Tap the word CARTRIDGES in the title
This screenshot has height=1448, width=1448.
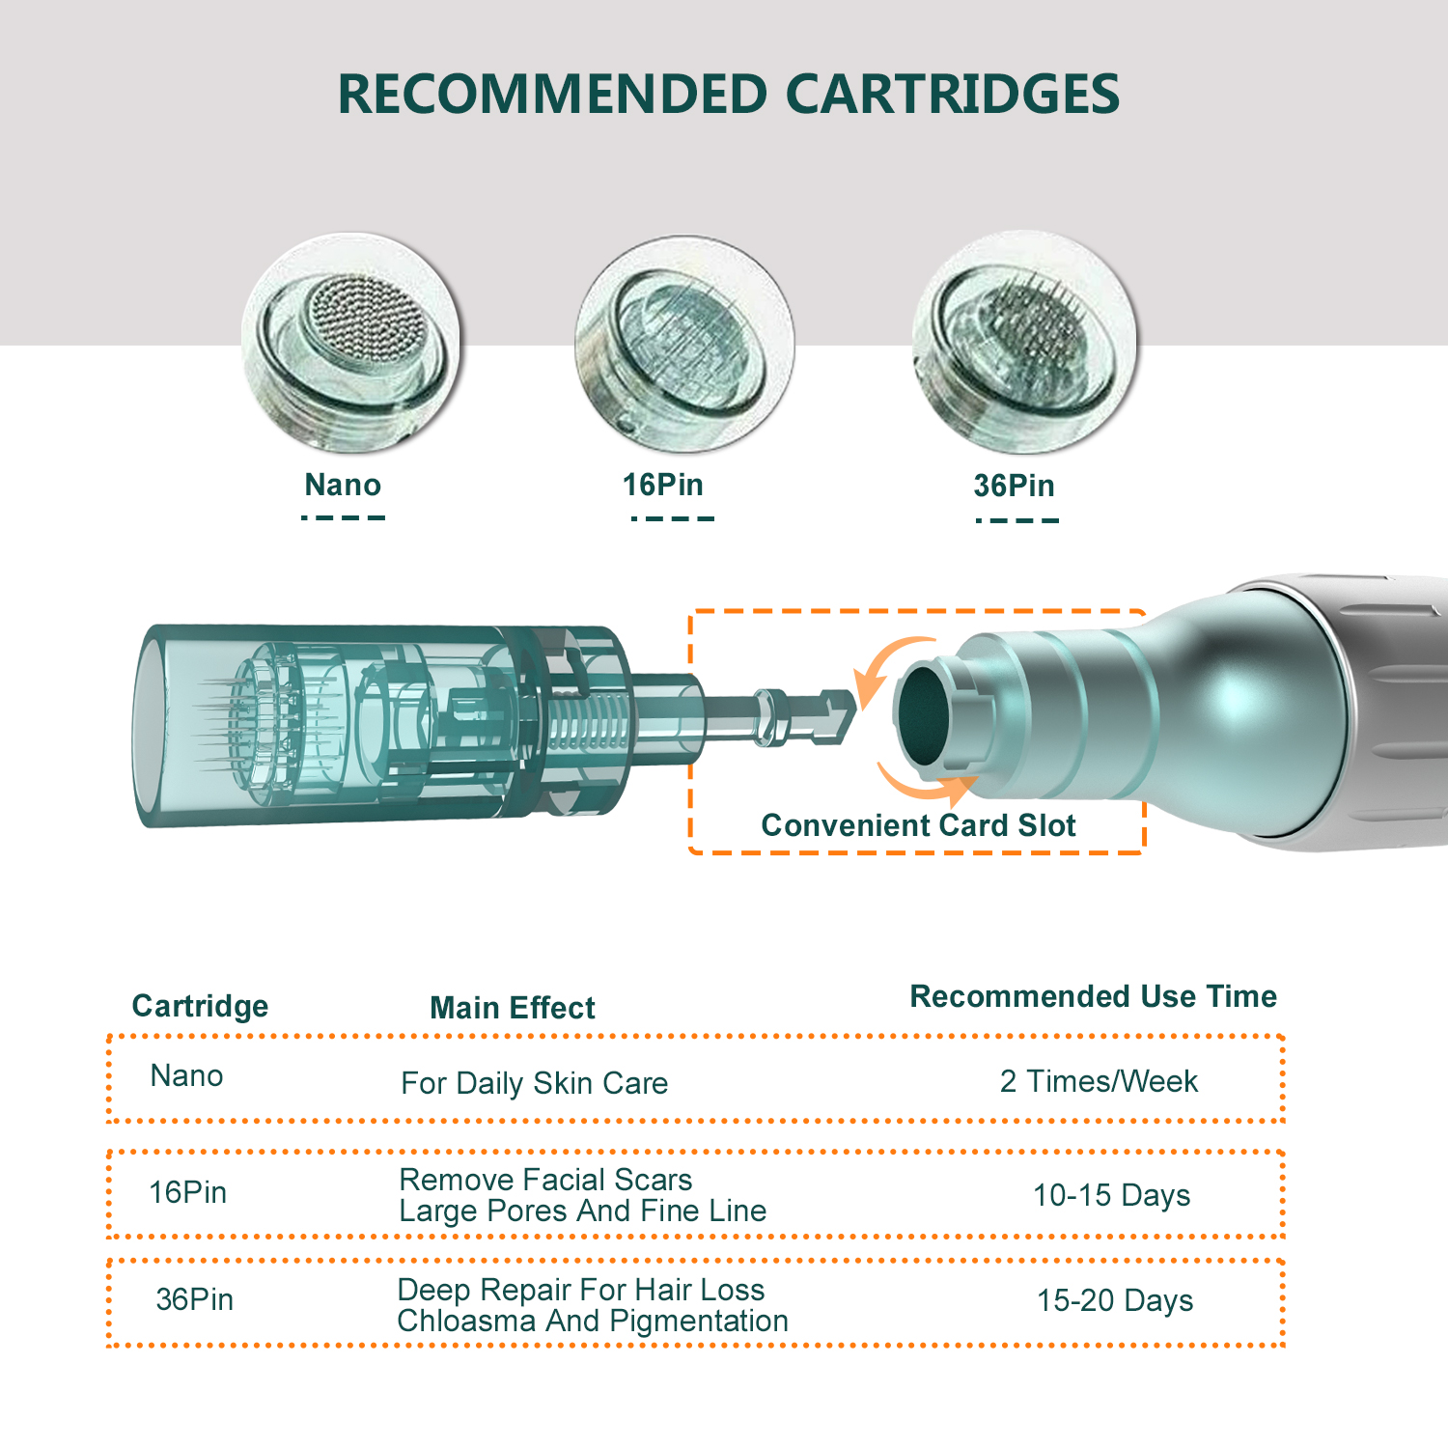pyautogui.click(x=952, y=95)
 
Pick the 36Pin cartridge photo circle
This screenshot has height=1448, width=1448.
pyautogui.click(x=1024, y=343)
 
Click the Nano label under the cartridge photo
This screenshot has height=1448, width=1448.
pyautogui.click(x=343, y=485)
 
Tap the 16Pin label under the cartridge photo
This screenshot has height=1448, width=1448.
pyautogui.click(x=663, y=485)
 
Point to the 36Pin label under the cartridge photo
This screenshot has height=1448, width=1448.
pyautogui.click(x=1015, y=486)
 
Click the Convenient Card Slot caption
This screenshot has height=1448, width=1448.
pyautogui.click(x=918, y=825)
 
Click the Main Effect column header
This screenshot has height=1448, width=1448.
pyautogui.click(x=513, y=1008)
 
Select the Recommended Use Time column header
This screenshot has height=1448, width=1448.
pyautogui.click(x=1094, y=996)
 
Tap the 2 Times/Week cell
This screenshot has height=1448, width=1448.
pyautogui.click(x=1099, y=1081)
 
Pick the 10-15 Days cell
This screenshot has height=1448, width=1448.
pyautogui.click(x=1111, y=1195)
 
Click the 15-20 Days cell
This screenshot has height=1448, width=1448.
pyautogui.click(x=1115, y=1300)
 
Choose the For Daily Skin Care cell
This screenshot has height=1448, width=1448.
pyautogui.click(x=535, y=1083)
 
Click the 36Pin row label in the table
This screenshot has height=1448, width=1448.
pyautogui.click(x=195, y=1299)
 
